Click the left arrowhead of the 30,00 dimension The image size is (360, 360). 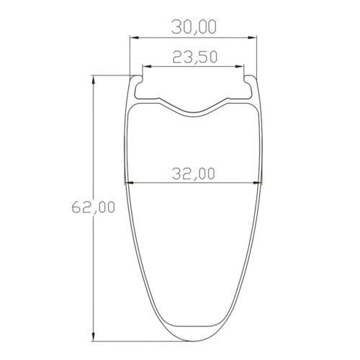pos(132,37)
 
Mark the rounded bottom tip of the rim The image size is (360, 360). pos(194,341)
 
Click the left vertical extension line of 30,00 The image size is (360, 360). pos(130,54)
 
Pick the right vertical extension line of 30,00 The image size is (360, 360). pos(258,54)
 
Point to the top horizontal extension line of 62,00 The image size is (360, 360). pos(112,74)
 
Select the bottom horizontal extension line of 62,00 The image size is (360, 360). pos(137,342)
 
